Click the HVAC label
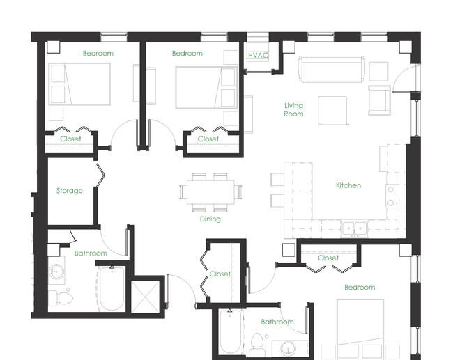(258, 55)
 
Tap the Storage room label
(69, 191)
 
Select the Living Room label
(293, 110)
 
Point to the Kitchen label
(348, 185)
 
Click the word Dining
(210, 219)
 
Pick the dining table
(210, 192)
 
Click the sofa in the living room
(332, 70)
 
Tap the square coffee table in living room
(332, 110)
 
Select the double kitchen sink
(355, 228)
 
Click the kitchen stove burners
(390, 196)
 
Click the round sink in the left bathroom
(55, 272)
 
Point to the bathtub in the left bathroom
(112, 289)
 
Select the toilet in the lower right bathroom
(256, 345)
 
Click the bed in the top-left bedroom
(79, 84)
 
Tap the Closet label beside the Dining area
(220, 274)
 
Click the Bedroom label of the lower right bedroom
(360, 288)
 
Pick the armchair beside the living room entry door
(379, 100)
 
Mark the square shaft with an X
(146, 297)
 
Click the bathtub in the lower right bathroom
(230, 332)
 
